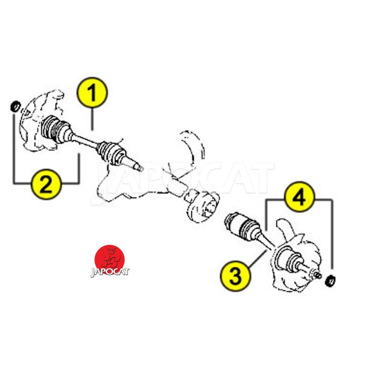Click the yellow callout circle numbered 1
point(92,92)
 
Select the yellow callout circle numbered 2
point(46,184)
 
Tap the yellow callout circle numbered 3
point(235,276)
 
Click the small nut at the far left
point(16,106)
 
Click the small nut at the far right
point(330,280)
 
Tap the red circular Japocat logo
point(110,259)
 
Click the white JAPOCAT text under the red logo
point(110,272)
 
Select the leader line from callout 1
point(92,119)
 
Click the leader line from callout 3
point(257,258)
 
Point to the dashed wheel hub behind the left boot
point(40,122)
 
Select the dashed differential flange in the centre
point(202,206)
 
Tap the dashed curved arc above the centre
point(194,145)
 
